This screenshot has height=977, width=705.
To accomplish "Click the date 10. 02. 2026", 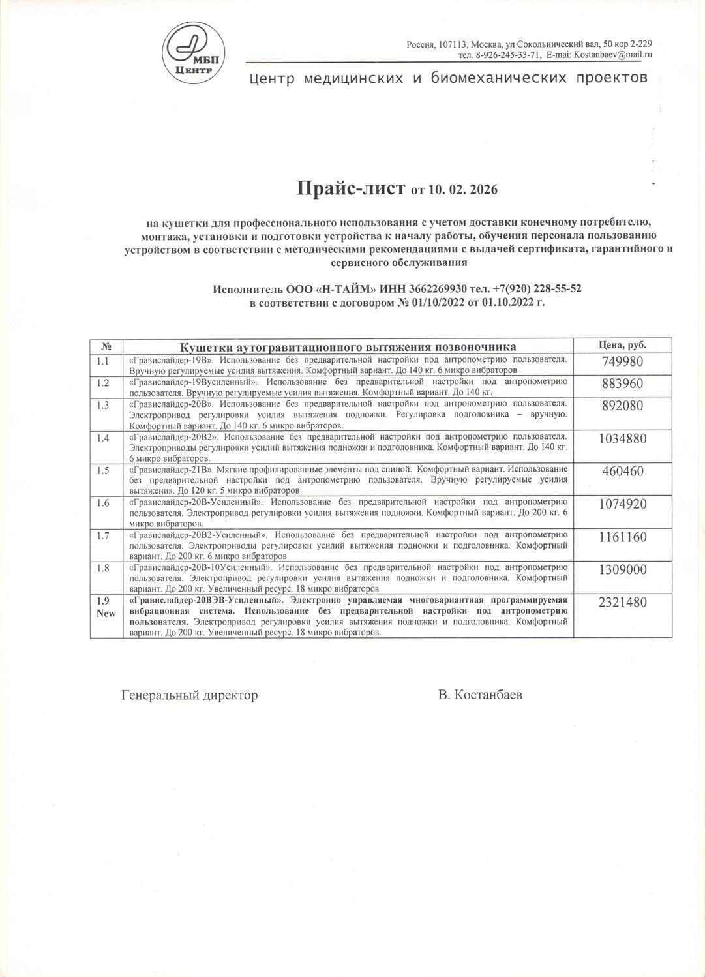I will [x=463, y=190].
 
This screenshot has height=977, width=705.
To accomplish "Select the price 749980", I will [x=622, y=362].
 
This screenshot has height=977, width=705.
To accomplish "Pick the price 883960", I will [x=622, y=383].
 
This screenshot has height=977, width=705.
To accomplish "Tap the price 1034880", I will [x=622, y=438].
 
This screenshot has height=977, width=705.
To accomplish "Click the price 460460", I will [x=622, y=471].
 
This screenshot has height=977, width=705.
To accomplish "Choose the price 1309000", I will [x=622, y=569].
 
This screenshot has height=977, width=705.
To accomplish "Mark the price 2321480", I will [x=622, y=602].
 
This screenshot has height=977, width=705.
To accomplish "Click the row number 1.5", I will [x=103, y=470].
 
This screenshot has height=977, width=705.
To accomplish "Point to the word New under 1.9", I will [x=106, y=613].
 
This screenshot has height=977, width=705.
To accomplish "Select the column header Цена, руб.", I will [x=622, y=345].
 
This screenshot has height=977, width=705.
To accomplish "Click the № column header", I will [x=107, y=346].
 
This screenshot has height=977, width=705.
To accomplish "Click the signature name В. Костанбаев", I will [x=480, y=695].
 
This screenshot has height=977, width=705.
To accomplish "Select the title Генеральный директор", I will [x=189, y=695].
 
